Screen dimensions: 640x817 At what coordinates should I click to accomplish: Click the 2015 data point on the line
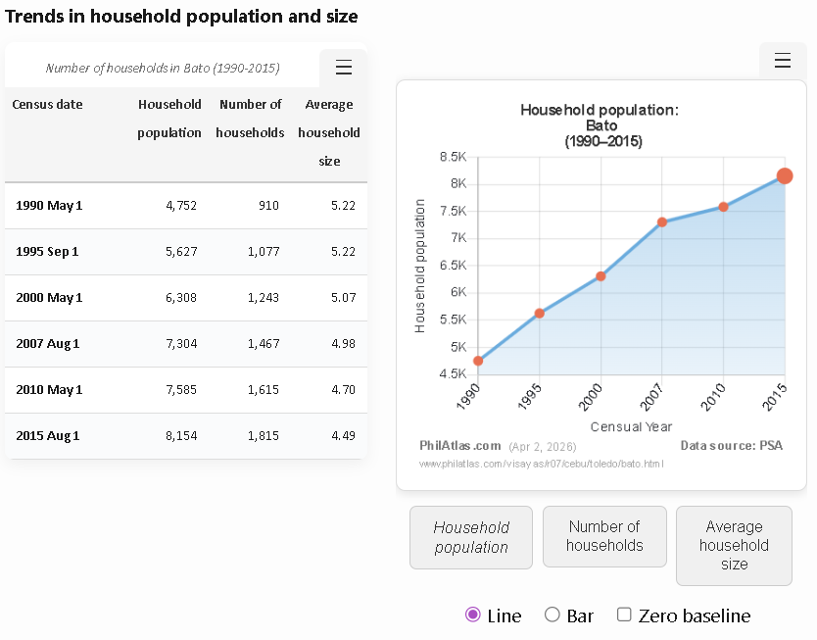pos(785,176)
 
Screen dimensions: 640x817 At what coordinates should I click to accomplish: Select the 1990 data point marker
pos(478,361)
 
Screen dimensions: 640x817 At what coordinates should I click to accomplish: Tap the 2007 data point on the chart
pos(662,222)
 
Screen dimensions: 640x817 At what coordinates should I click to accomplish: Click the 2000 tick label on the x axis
pos(591,398)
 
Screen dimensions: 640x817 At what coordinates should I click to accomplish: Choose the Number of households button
pos(604,536)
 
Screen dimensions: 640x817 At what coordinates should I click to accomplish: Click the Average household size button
pos(734,545)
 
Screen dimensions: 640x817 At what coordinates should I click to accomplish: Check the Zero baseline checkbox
pos(624,615)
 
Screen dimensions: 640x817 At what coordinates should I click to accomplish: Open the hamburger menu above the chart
pos(783,61)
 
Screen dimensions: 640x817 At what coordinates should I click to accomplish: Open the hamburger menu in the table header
pos(344,68)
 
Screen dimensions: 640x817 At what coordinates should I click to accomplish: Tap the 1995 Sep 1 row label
pos(47,252)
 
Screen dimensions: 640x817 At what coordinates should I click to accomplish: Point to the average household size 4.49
pos(343,435)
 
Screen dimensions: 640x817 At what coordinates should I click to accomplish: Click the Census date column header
pos(47,105)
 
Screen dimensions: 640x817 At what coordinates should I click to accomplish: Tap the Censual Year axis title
pos(631,426)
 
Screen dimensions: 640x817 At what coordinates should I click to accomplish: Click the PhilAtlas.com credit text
pos(460,445)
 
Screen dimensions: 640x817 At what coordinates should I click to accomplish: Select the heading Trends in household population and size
pos(181,17)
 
